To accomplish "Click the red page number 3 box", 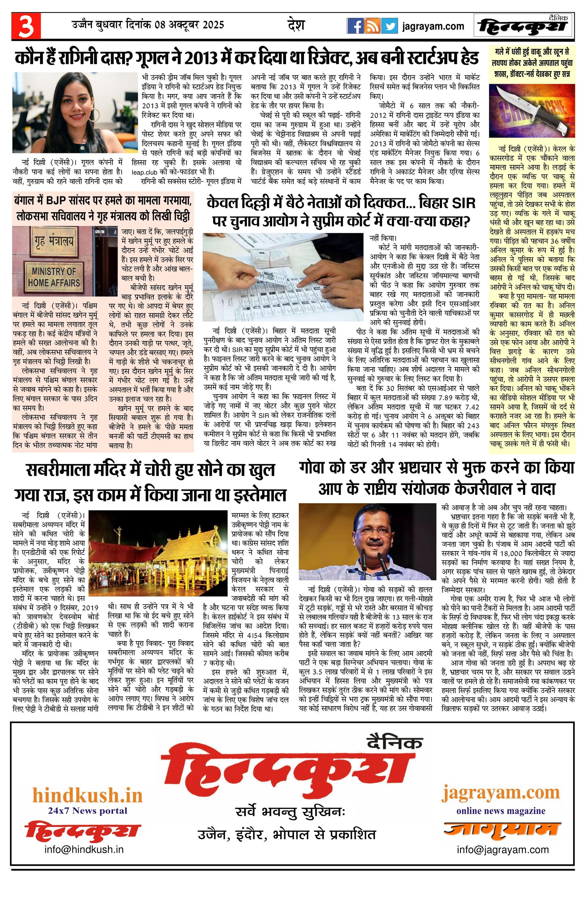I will (26, 26).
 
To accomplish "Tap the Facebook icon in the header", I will (355, 26).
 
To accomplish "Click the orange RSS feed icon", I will (372, 26).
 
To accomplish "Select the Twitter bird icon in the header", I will (389, 26).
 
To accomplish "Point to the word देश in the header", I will (296, 25).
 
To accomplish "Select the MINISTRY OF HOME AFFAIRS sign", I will (54, 277).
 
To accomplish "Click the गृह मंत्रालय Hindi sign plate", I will (53, 242).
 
